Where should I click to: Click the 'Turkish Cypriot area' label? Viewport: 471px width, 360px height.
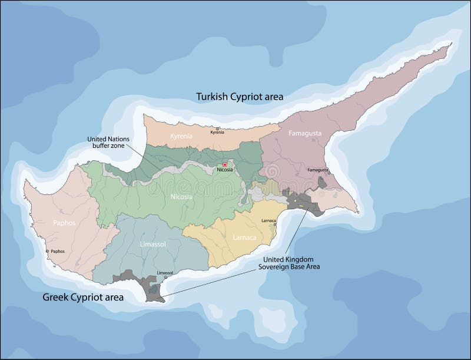[240, 96]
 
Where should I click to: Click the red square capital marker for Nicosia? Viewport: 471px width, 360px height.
[224, 164]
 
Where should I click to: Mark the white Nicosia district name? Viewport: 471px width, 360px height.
[180, 197]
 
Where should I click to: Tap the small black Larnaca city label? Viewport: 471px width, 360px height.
[268, 220]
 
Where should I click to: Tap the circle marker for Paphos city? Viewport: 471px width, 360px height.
[48, 252]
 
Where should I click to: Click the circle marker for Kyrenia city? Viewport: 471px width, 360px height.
[217, 128]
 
